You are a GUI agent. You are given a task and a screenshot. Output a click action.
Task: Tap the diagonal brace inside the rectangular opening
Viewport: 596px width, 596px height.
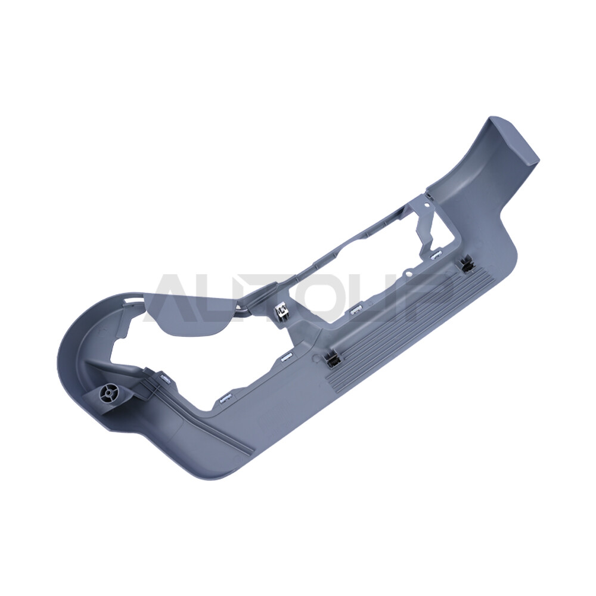(x=426, y=229)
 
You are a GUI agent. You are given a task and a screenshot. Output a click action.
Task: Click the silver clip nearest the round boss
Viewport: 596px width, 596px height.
(x=164, y=378)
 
